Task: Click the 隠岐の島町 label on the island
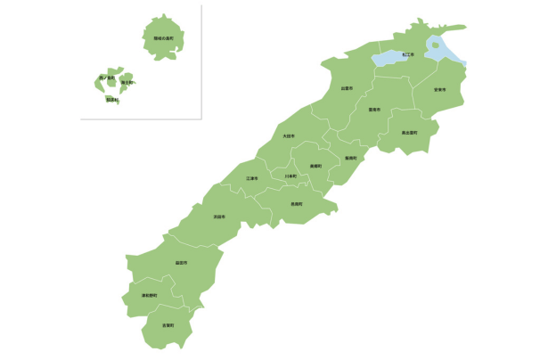click(x=163, y=39)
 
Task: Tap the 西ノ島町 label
click(x=107, y=78)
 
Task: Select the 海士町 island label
click(x=127, y=82)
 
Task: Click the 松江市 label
click(x=408, y=54)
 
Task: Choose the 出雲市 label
click(x=347, y=88)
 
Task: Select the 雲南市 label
click(x=374, y=110)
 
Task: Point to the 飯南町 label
click(x=350, y=158)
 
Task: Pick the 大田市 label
click(x=289, y=135)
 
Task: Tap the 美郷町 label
click(x=315, y=166)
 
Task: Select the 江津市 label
click(x=252, y=178)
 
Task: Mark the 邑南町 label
click(x=296, y=204)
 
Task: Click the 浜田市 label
click(x=219, y=217)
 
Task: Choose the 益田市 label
click(x=181, y=263)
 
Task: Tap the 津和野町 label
click(x=149, y=295)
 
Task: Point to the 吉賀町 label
click(x=168, y=326)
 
